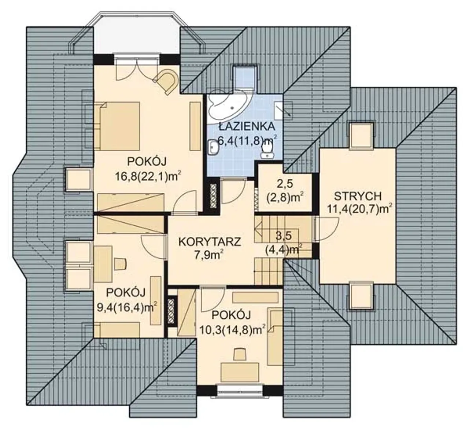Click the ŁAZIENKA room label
coord(247,126)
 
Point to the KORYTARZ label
coord(210,242)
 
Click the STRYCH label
coord(358,196)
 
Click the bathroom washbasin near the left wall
coord(214,148)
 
